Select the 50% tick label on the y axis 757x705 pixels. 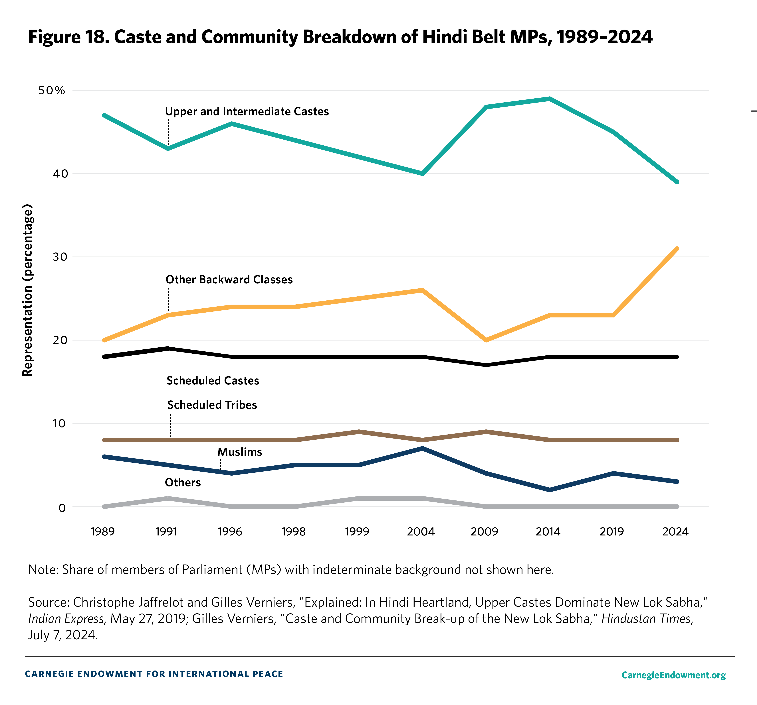[52, 91]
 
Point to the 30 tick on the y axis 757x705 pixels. [60, 257]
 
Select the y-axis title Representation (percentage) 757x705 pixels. [27, 290]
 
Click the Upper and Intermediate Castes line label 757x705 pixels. [247, 111]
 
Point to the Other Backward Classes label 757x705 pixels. [229, 280]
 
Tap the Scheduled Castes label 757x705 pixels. [213, 380]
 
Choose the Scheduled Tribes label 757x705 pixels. [212, 405]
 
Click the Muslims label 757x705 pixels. [240, 452]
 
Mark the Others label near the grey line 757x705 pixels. [183, 482]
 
